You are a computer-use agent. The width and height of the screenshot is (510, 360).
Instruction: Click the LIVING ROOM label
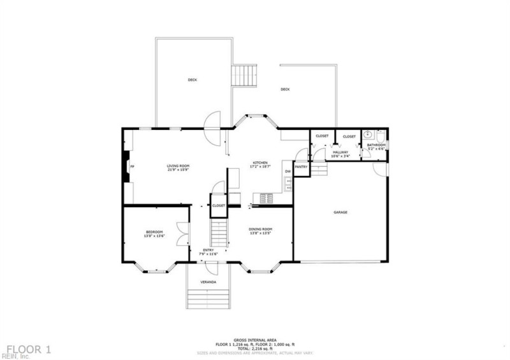[178, 166]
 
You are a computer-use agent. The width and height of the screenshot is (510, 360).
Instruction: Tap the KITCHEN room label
[259, 163]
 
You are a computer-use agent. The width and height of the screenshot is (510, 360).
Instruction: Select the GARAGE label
[340, 212]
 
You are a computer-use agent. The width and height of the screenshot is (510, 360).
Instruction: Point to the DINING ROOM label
[261, 229]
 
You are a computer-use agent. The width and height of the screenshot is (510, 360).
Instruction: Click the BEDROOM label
[154, 232]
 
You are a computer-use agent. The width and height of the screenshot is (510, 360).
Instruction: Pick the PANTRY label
[301, 167]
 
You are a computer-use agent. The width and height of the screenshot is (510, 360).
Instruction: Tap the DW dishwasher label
[288, 171]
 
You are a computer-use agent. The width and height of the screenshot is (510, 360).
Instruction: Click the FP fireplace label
[132, 167]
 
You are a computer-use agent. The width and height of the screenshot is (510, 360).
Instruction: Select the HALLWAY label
[340, 152]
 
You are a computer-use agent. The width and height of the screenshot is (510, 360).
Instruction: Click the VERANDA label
[208, 282]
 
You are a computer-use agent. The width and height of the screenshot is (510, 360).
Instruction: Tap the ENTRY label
[208, 250]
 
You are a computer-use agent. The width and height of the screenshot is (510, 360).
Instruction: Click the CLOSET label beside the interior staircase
[219, 206]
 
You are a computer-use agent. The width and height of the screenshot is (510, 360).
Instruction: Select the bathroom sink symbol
[368, 136]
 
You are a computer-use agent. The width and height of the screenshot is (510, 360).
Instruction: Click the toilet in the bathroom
[380, 136]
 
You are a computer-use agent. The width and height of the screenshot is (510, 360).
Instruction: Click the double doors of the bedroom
[183, 233]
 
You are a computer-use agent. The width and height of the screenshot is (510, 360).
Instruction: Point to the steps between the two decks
[243, 76]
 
